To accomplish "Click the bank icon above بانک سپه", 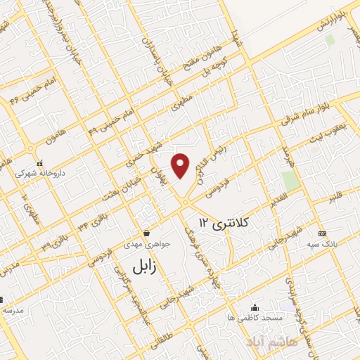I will point(322,233).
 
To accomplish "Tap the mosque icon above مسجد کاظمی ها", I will point(255,308).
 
